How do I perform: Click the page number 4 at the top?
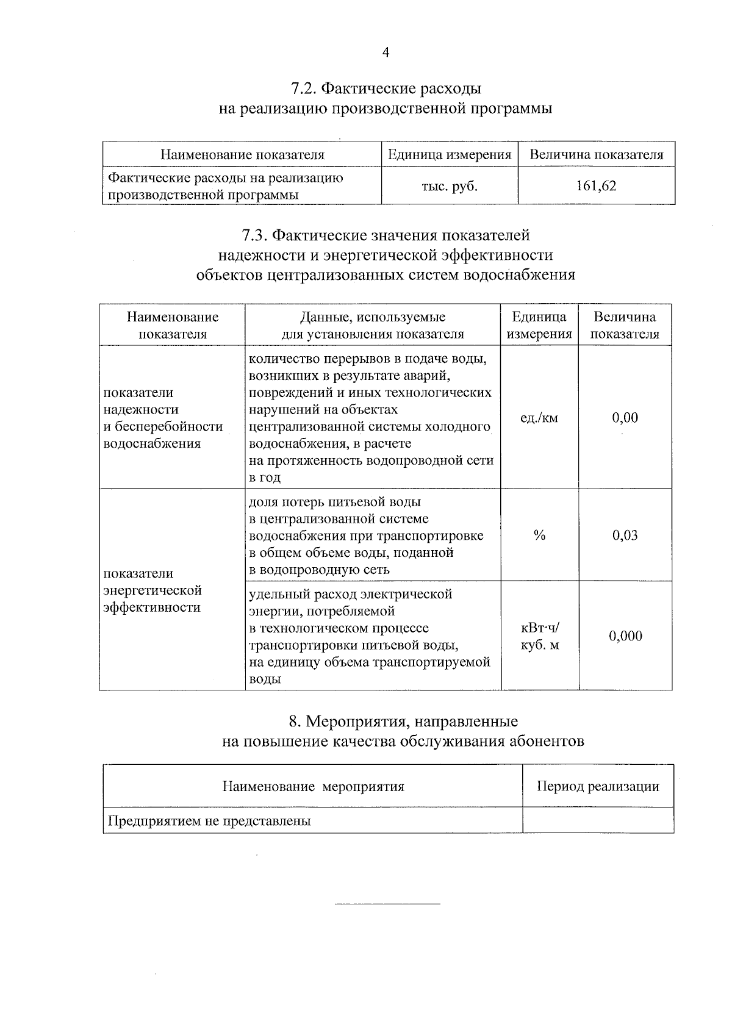pyautogui.click(x=385, y=52)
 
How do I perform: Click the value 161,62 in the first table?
pyautogui.click(x=596, y=186)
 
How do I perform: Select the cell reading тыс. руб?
pyautogui.click(x=449, y=186)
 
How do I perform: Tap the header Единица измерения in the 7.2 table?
pyautogui.click(x=449, y=155)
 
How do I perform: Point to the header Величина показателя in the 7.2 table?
pyautogui.click(x=596, y=155)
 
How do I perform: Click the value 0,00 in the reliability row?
pyautogui.click(x=625, y=418)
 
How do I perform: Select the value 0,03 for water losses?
pyautogui.click(x=625, y=535)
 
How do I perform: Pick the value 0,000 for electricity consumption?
pyautogui.click(x=625, y=636)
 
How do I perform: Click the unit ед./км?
pyautogui.click(x=539, y=418)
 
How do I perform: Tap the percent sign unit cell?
pyautogui.click(x=539, y=535)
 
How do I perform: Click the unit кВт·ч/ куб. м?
pyautogui.click(x=539, y=636)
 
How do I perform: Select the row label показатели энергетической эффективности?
pyautogui.click(x=152, y=590)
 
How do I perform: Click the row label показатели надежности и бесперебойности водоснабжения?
pyautogui.click(x=163, y=418)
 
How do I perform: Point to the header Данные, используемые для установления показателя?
pyautogui.click(x=372, y=325)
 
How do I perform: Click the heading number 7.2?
pyautogui.click(x=303, y=89)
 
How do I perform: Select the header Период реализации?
pyautogui.click(x=598, y=786)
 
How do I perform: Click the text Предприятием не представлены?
pyautogui.click(x=209, y=821)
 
